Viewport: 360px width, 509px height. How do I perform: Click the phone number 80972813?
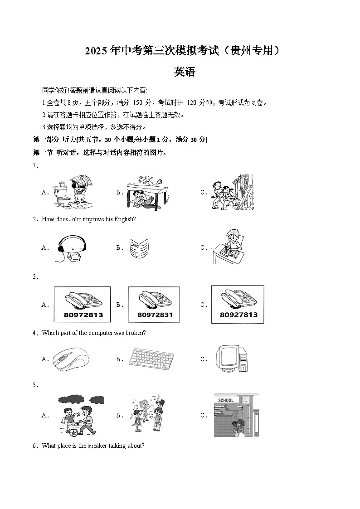(82, 315)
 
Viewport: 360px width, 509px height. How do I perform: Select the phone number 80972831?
(155, 315)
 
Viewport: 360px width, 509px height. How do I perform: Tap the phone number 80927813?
(238, 315)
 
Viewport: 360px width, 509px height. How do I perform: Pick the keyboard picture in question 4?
(151, 359)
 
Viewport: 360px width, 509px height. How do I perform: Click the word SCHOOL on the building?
(226, 400)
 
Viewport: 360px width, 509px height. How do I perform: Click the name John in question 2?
(76, 219)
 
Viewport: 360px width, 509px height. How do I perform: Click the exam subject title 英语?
(185, 71)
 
